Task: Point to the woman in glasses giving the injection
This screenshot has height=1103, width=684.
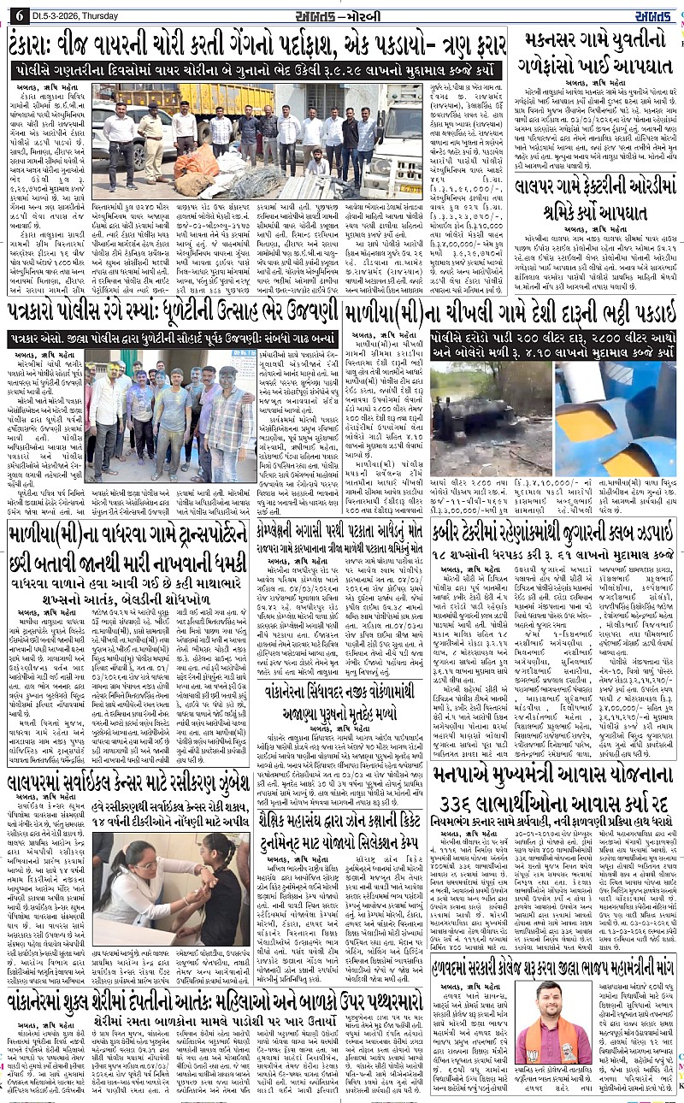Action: (x=128, y=881)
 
